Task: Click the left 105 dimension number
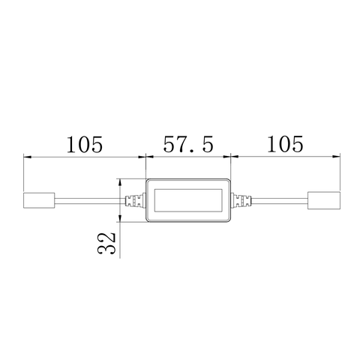pyautogui.click(x=83, y=143)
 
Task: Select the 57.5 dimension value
pyautogui.click(x=187, y=143)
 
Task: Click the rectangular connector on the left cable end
pyautogui.click(x=37, y=200)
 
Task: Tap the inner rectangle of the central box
pyautogui.click(x=187, y=200)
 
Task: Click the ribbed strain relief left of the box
pyautogui.click(x=135, y=200)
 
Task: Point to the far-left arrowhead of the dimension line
pyautogui.click(x=28, y=157)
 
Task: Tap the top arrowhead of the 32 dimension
pyautogui.click(x=121, y=181)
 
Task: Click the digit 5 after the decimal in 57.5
pyautogui.click(x=214, y=143)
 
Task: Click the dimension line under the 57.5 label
pyautogui.click(x=187, y=157)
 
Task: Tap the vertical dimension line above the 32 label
pyautogui.click(x=121, y=200)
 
